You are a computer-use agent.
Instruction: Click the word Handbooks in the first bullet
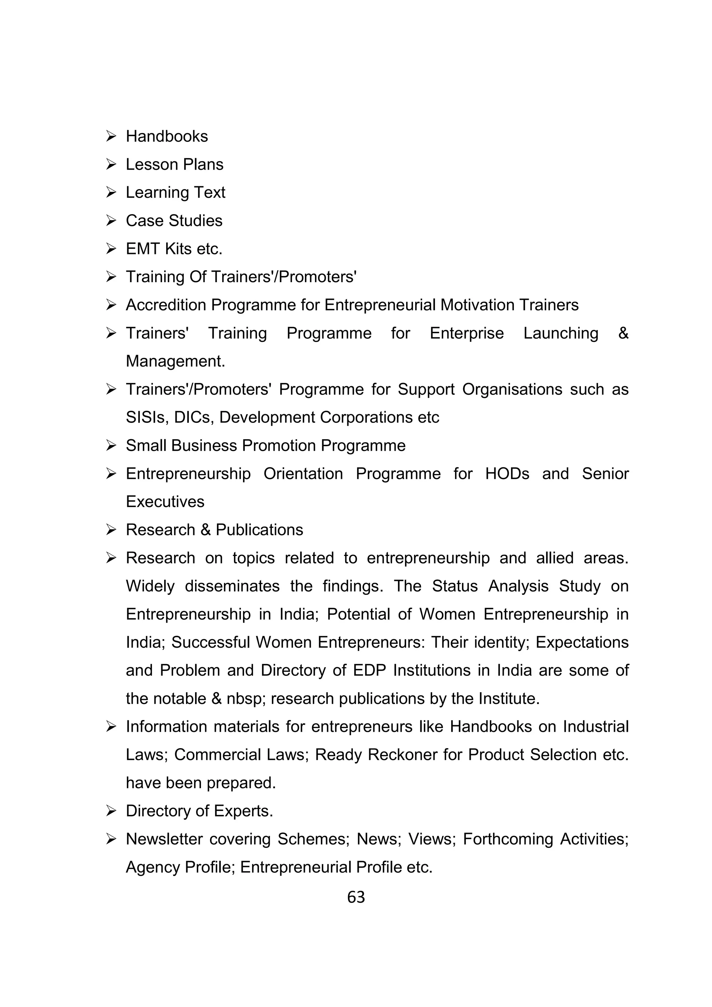click(x=167, y=137)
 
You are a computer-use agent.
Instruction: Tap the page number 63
click(x=356, y=897)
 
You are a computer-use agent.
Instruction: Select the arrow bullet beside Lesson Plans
click(x=111, y=164)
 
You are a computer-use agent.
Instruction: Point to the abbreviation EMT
click(x=143, y=249)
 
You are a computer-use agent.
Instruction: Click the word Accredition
click(x=166, y=305)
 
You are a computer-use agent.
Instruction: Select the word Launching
click(x=561, y=333)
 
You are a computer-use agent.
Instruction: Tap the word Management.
click(x=175, y=361)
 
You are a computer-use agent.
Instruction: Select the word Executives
click(x=165, y=502)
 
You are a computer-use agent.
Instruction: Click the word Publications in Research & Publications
click(x=259, y=530)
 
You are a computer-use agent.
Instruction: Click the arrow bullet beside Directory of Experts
click(x=111, y=811)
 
